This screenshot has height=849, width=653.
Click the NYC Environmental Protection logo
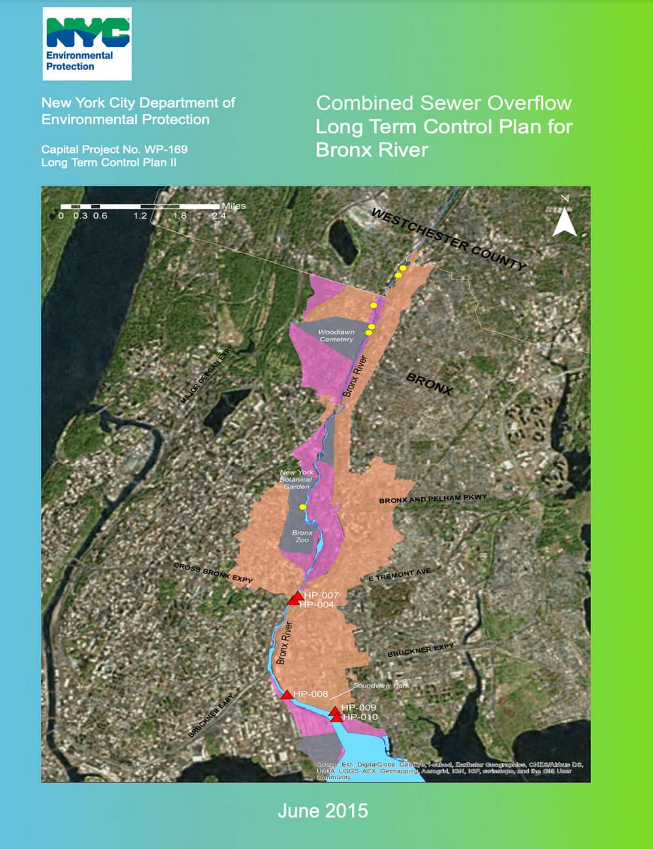(88, 44)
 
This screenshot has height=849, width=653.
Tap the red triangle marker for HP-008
(287, 695)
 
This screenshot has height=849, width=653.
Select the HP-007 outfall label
(321, 595)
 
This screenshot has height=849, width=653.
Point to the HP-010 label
(360, 717)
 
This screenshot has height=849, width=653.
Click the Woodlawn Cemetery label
(336, 336)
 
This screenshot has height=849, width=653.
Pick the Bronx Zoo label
(302, 536)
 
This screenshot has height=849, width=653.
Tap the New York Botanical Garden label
(296, 479)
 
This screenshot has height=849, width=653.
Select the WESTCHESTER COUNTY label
(449, 239)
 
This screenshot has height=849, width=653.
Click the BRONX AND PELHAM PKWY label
(433, 499)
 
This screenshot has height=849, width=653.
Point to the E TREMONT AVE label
(400, 574)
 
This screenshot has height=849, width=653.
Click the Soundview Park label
(381, 686)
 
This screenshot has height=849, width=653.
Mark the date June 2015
(323, 811)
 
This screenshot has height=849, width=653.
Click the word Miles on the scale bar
(233, 206)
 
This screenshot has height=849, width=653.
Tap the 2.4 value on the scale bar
(219, 216)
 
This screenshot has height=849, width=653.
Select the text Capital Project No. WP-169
(114, 150)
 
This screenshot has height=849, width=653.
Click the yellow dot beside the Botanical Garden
(302, 507)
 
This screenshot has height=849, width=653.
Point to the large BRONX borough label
(429, 383)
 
